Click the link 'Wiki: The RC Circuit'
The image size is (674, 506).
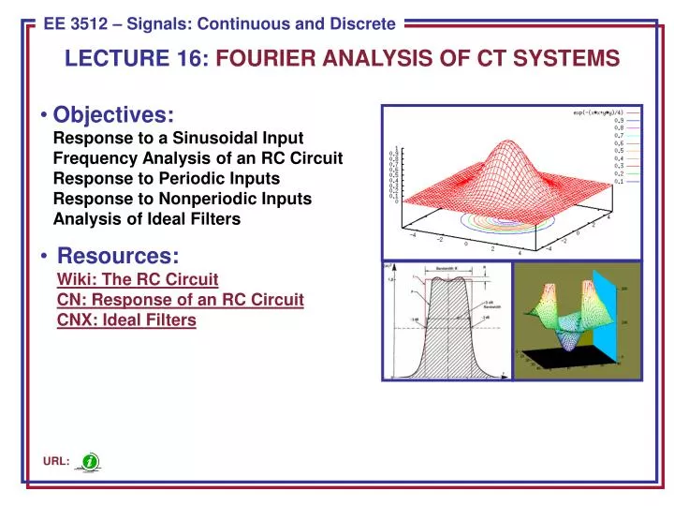click(138, 279)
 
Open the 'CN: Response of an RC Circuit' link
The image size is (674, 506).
click(180, 300)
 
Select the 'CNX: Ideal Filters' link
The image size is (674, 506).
click(126, 320)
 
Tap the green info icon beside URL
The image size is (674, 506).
click(90, 462)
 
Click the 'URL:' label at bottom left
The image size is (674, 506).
click(56, 463)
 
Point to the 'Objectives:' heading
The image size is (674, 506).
click(114, 114)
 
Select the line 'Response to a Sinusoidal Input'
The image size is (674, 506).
click(178, 138)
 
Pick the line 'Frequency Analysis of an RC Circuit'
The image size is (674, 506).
click(198, 158)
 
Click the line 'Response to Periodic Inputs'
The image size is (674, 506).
click(167, 178)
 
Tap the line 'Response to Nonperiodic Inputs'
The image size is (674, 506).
click(183, 199)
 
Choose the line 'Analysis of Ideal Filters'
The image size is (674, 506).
click(147, 219)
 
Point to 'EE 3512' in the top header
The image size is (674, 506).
click(77, 24)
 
